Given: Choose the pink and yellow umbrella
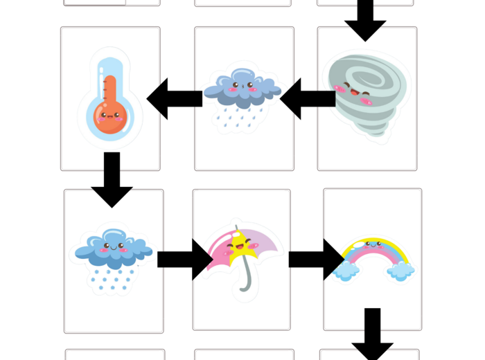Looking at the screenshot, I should pos(239,253).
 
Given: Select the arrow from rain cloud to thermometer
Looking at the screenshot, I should pos(174,98).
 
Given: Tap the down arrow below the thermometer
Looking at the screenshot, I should pos(111,179).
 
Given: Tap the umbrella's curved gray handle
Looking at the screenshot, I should pos(242,280).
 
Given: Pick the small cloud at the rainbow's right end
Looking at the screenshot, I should pos(400,270).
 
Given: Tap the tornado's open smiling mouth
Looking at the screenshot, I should pos(355,93).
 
